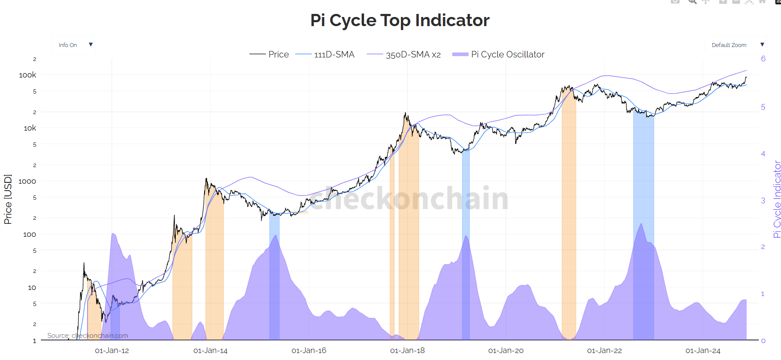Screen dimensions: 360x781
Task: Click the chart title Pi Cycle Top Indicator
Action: [x=400, y=20]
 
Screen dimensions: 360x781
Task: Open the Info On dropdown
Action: [x=74, y=45]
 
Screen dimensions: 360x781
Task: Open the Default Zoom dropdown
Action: [x=735, y=45]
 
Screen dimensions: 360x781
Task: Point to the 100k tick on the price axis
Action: [x=27, y=75]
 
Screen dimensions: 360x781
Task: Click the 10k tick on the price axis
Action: [x=30, y=128]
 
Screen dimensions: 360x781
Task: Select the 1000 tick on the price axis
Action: [x=27, y=181]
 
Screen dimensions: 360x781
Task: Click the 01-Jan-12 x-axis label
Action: [x=112, y=350]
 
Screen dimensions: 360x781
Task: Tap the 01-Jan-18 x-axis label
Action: [x=407, y=350]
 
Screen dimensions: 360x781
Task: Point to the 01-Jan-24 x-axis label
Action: [x=703, y=350]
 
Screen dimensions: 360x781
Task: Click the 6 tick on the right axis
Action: [x=763, y=59]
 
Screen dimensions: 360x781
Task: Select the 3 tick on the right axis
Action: [x=763, y=200]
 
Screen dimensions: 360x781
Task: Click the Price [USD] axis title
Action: [x=8, y=199]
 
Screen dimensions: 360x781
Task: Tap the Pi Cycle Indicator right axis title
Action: [x=777, y=199]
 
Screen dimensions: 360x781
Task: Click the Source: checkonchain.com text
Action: [x=88, y=336]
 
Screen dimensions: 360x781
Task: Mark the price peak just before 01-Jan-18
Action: [x=405, y=113]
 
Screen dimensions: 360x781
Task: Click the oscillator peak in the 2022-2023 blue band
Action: [x=641, y=224]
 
